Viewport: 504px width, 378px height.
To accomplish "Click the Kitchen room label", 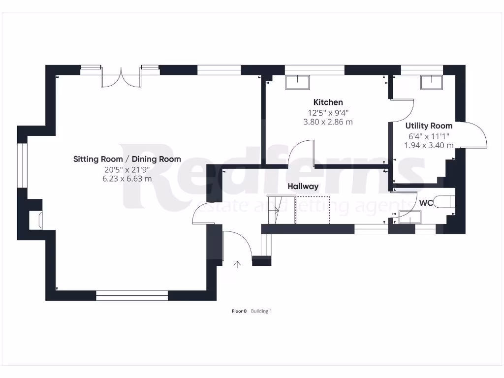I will pos(328,102).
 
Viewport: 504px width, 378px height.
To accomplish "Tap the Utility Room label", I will pos(428,126).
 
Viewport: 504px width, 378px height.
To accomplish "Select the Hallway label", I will pos(303,187).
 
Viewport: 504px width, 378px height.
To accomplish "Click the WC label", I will pos(426,203).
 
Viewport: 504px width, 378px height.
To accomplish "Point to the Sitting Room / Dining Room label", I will pos(127,159).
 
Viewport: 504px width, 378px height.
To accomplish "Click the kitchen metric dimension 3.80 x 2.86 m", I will pos(328,122).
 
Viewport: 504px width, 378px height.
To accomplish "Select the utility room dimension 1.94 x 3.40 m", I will pos(429,145).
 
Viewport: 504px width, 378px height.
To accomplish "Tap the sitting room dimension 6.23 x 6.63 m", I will pos(127,178).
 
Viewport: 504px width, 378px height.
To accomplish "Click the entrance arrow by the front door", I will pos(237,265).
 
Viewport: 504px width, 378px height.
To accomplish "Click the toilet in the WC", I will pos(447,202).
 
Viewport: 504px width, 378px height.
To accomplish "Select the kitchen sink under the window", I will pos(297,82).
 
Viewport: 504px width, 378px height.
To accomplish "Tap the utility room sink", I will pos(432,82).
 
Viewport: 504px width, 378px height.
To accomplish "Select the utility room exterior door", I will pos(473,135).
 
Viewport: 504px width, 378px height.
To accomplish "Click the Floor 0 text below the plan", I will pos(239,311).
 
